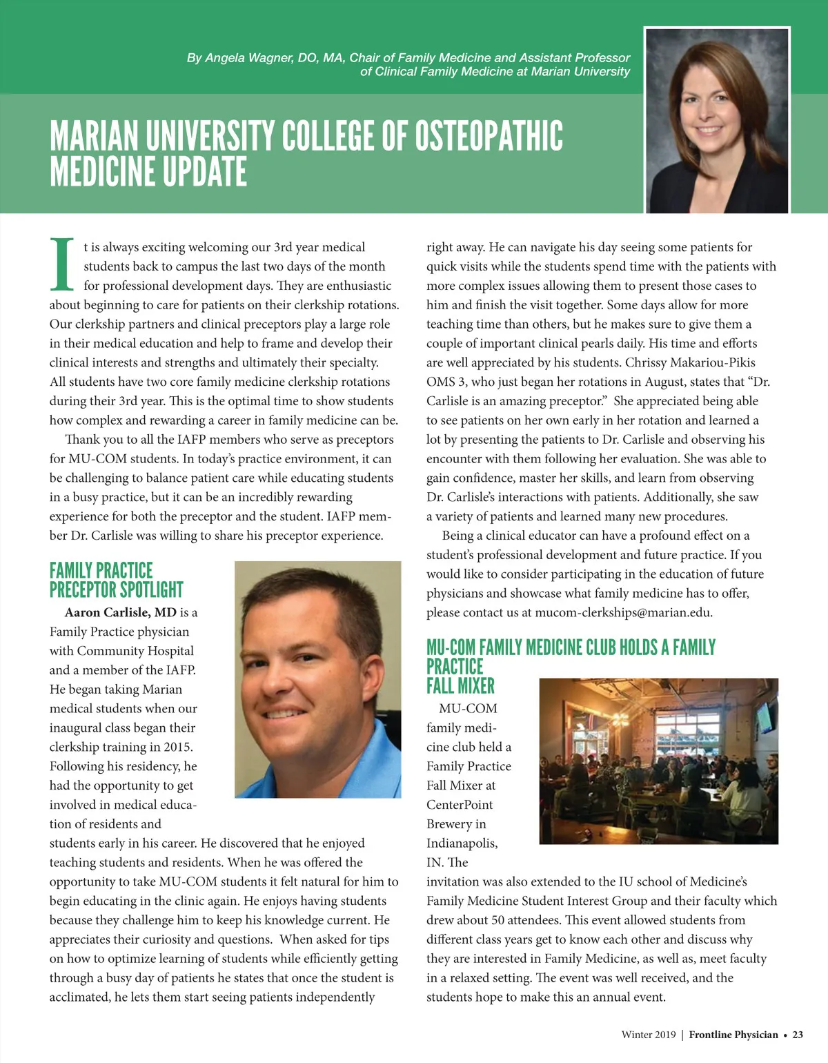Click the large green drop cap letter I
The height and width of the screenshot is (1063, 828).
coord(63,265)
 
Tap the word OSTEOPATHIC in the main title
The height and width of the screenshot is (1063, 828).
coord(489,136)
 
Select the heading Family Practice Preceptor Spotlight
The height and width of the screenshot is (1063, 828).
coord(116,581)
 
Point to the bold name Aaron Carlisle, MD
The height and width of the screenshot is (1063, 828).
coord(121,612)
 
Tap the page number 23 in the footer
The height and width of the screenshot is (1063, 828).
coord(798,1035)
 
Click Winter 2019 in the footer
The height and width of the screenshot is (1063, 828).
coord(649,1035)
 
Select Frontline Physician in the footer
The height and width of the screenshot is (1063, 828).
coord(733,1035)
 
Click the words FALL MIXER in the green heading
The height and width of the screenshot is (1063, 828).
coord(460,686)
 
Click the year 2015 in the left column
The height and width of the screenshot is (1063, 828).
coord(178,747)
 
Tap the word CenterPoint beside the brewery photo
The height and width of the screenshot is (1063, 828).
coord(460,805)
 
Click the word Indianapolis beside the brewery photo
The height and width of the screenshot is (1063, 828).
coord(462,843)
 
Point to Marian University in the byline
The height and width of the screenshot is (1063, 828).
coord(580,72)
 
